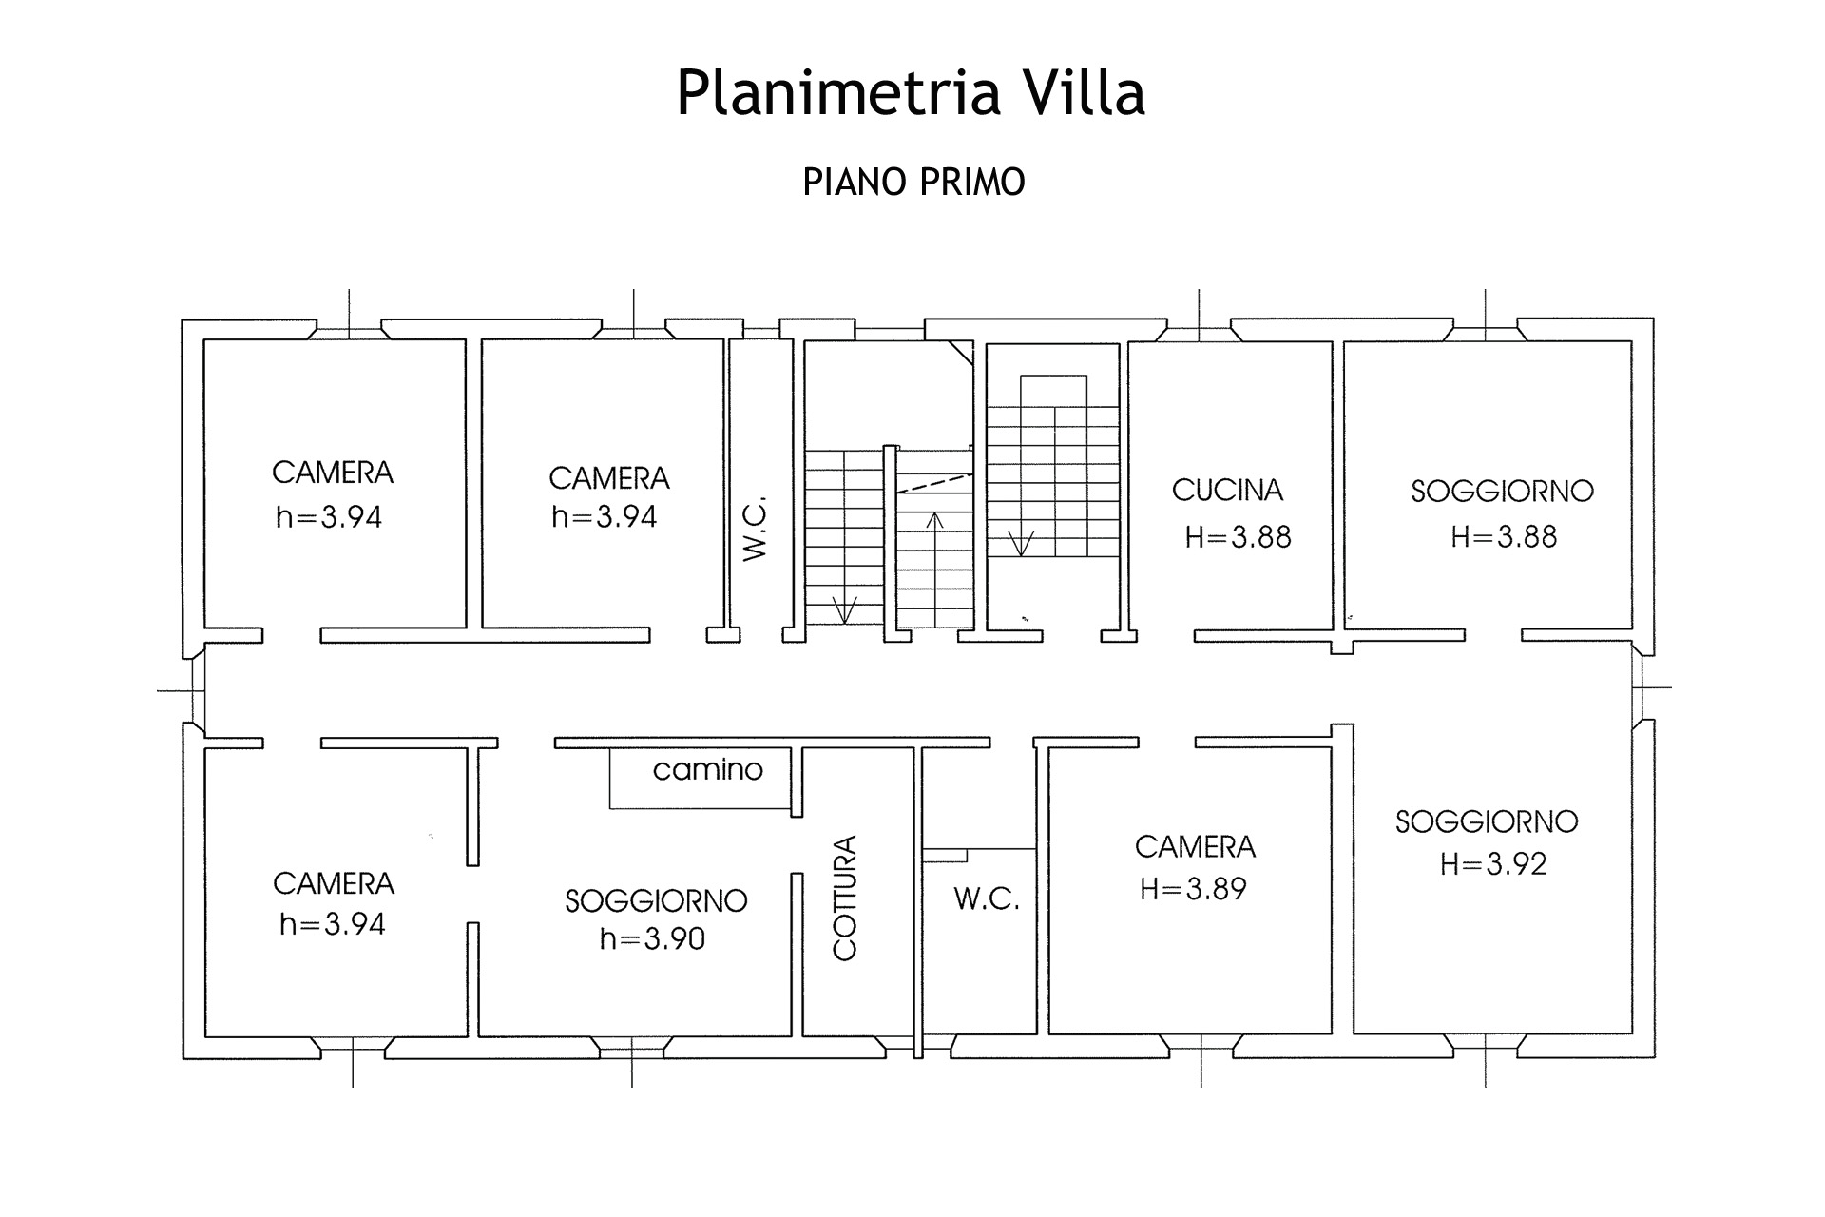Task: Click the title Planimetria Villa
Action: pyautogui.click(x=911, y=93)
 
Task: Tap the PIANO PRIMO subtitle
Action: pyautogui.click(x=913, y=182)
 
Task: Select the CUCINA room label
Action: pyautogui.click(x=1227, y=491)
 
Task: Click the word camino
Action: pyautogui.click(x=707, y=769)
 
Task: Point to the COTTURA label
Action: pyautogui.click(x=845, y=898)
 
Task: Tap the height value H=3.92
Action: pyautogui.click(x=1493, y=864)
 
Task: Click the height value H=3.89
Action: pyautogui.click(x=1193, y=889)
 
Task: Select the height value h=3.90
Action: pyautogui.click(x=652, y=939)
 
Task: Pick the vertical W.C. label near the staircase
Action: pyautogui.click(x=755, y=529)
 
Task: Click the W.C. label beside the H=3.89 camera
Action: pyautogui.click(x=987, y=899)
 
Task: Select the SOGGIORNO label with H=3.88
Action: pyautogui.click(x=1502, y=492)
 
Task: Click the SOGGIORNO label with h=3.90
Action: pyautogui.click(x=656, y=901)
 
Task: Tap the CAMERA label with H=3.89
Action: pyautogui.click(x=1195, y=847)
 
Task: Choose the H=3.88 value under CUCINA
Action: pyautogui.click(x=1238, y=537)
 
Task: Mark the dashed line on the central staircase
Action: pyautogui.click(x=935, y=482)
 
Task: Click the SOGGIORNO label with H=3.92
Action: pyautogui.click(x=1487, y=821)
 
